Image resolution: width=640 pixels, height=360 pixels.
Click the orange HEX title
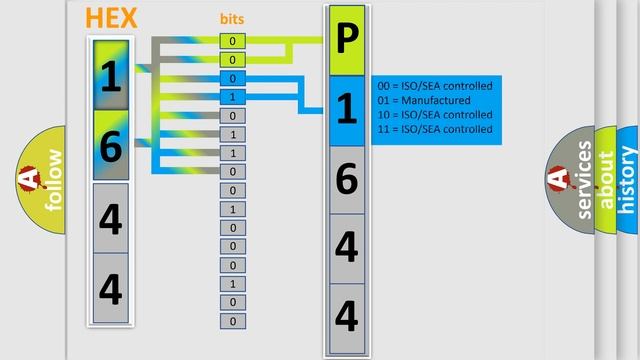click(x=111, y=17)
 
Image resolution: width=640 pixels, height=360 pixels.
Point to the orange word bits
click(x=232, y=19)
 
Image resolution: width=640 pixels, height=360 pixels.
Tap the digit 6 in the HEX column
click(x=111, y=146)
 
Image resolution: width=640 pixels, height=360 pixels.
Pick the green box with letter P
click(x=346, y=40)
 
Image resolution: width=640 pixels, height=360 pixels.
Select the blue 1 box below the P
click(x=346, y=108)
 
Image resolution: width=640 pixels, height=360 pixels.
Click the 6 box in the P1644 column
click(x=346, y=178)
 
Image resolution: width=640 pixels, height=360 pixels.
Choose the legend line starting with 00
click(x=435, y=87)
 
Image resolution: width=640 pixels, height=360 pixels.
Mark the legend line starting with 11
click(x=435, y=129)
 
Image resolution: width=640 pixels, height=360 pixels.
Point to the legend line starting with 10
click(x=435, y=115)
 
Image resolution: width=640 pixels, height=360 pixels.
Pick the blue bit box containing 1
click(x=232, y=97)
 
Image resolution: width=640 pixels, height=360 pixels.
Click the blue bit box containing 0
click(x=232, y=78)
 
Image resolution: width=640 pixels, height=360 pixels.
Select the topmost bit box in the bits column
click(x=232, y=41)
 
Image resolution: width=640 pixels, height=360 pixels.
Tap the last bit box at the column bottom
click(x=232, y=321)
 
